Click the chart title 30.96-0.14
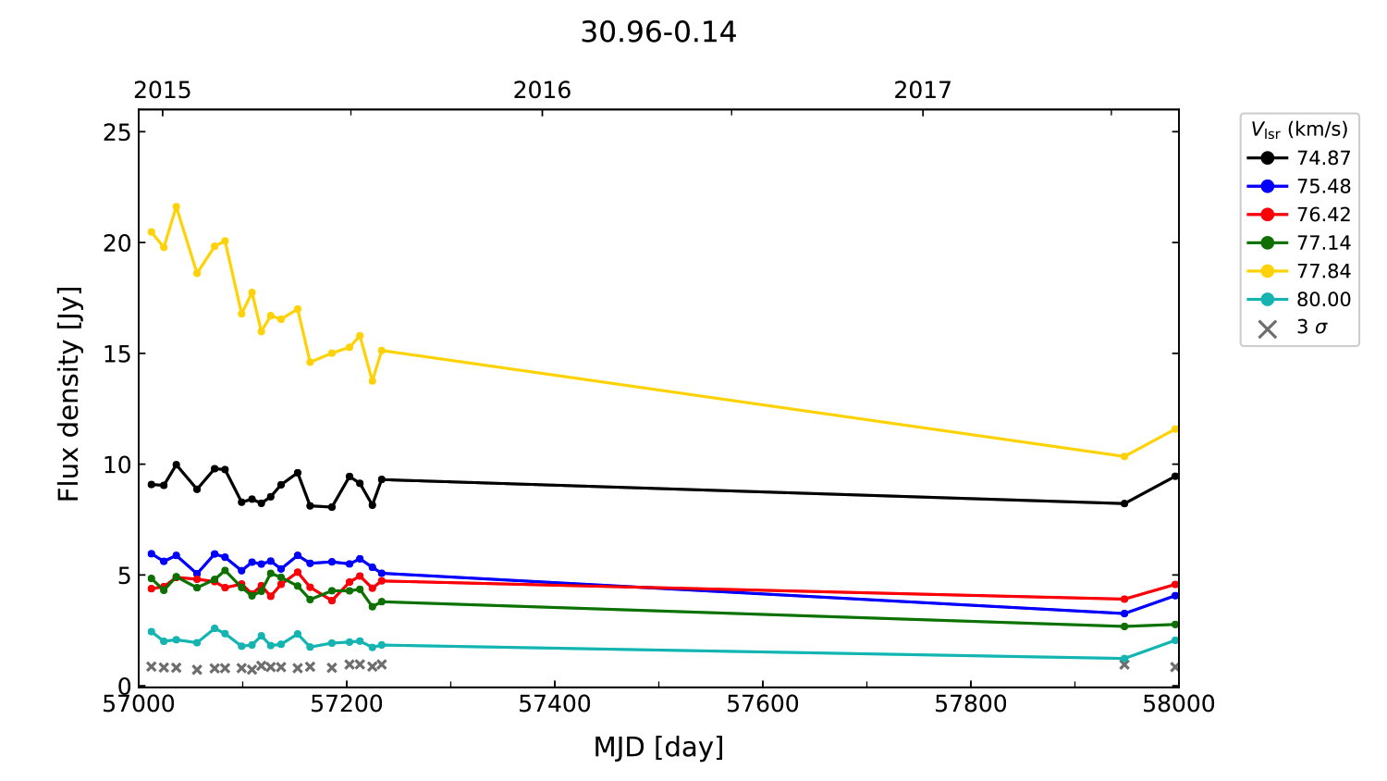[658, 32]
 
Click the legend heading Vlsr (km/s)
[1299, 130]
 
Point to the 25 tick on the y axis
[117, 132]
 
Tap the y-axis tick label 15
[117, 354]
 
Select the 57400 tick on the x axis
[554, 704]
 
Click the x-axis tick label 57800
[970, 704]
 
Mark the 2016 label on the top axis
[542, 91]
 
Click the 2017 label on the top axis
[922, 91]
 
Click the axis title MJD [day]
[658, 747]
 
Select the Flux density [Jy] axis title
[69, 393]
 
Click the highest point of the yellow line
[177, 206]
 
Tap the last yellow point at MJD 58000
[1175, 428]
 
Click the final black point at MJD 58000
[1175, 477]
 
